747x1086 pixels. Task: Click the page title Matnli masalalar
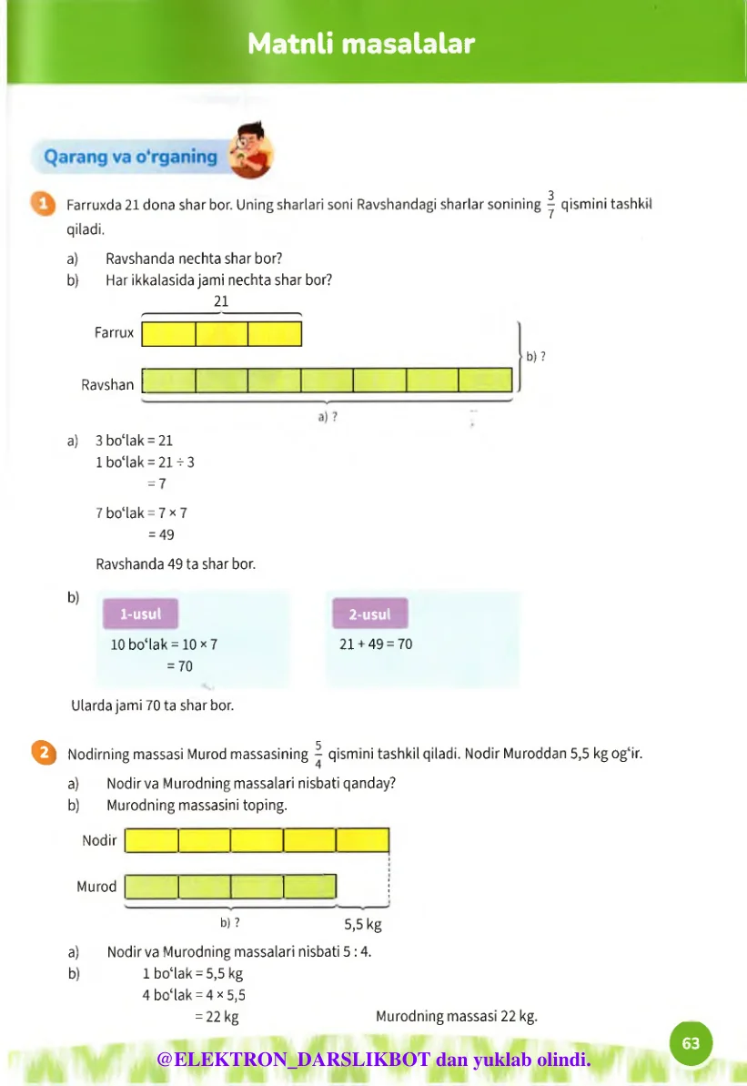(361, 44)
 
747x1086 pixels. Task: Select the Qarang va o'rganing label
(131, 157)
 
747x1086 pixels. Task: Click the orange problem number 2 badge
(40, 753)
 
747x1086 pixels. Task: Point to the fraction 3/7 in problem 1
(550, 204)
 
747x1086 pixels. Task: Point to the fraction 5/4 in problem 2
(318, 754)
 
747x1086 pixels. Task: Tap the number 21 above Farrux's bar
(221, 301)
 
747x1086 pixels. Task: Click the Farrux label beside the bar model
(114, 333)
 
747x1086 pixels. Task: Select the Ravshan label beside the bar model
(107, 384)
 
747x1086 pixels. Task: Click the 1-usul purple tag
(140, 614)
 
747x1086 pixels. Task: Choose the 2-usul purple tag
(369, 614)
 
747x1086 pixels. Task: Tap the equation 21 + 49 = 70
(375, 644)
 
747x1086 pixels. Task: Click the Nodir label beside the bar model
(99, 840)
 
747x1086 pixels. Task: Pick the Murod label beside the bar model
(96, 887)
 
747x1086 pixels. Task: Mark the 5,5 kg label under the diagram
(362, 925)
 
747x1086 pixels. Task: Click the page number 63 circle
(691, 1043)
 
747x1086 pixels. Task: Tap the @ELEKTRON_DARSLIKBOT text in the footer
(295, 1060)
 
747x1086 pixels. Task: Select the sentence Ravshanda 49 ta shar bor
(176, 564)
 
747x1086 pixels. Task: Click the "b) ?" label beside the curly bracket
(536, 356)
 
